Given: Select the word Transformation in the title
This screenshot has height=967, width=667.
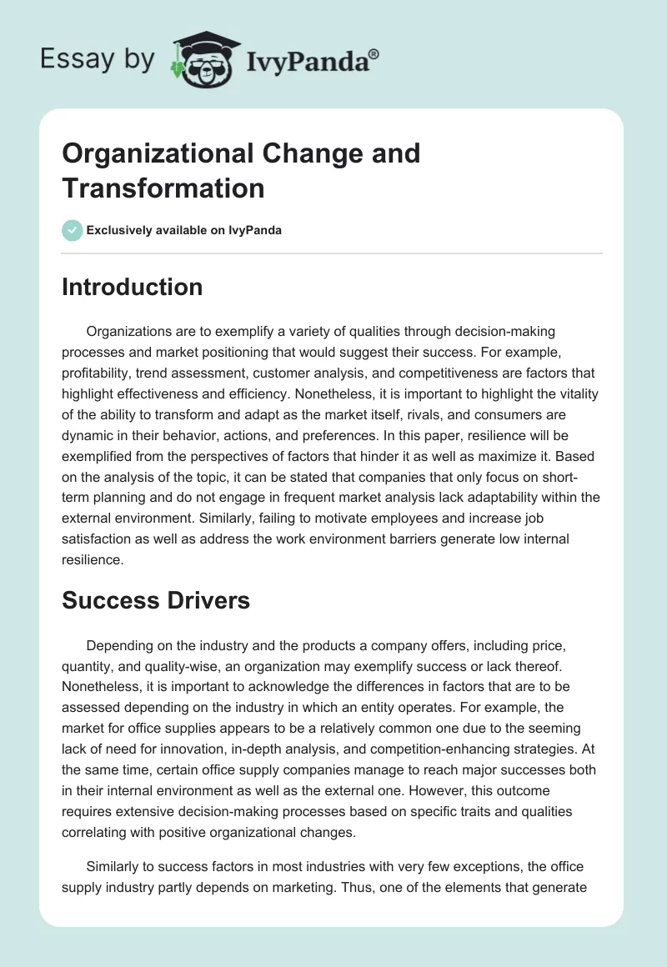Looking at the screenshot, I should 163,188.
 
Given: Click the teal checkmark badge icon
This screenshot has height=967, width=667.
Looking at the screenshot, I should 73,230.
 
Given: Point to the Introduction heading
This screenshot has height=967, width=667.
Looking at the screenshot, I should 132,287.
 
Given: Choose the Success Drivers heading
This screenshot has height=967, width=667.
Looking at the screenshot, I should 156,600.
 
